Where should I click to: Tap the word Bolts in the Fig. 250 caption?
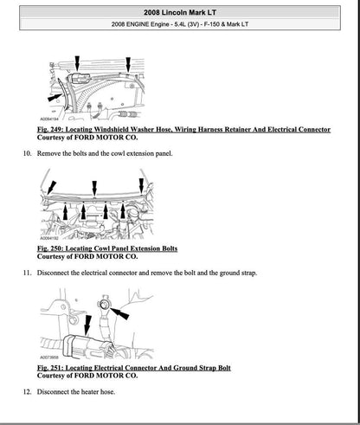(x=164, y=248)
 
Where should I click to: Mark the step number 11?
(x=26, y=273)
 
